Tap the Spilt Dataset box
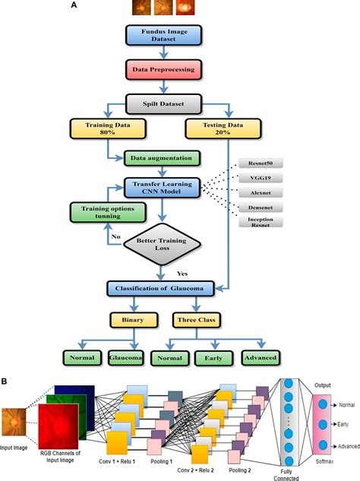164,100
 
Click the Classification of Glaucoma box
164,288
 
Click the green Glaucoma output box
129,356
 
